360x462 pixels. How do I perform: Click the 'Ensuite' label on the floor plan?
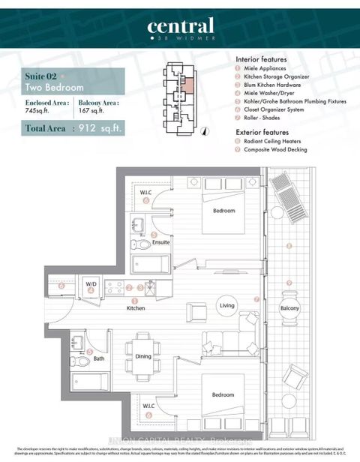[160, 243]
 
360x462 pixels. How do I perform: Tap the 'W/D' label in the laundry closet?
[91, 284]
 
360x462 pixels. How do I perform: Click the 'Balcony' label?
[289, 308]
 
